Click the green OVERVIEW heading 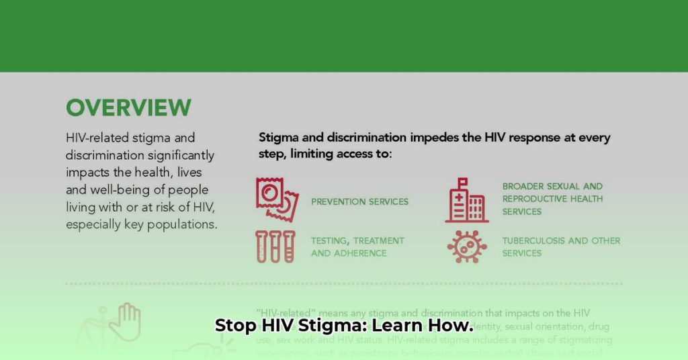tap(128, 107)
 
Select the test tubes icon tap(275, 246)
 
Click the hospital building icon tap(467, 200)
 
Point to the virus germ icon tap(467, 246)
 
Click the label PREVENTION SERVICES tap(359, 201)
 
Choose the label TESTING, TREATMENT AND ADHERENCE tap(357, 246)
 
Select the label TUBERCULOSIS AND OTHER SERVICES tap(561, 246)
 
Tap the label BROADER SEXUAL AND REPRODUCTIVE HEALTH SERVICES tap(552, 199)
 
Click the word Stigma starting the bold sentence tap(279, 138)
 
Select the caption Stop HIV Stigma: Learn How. tap(344, 327)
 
